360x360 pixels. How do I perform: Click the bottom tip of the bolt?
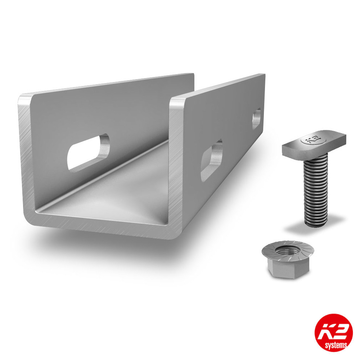(x=316, y=223)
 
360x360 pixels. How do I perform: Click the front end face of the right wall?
(x=176, y=162)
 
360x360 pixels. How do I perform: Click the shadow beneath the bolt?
(x=313, y=229)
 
